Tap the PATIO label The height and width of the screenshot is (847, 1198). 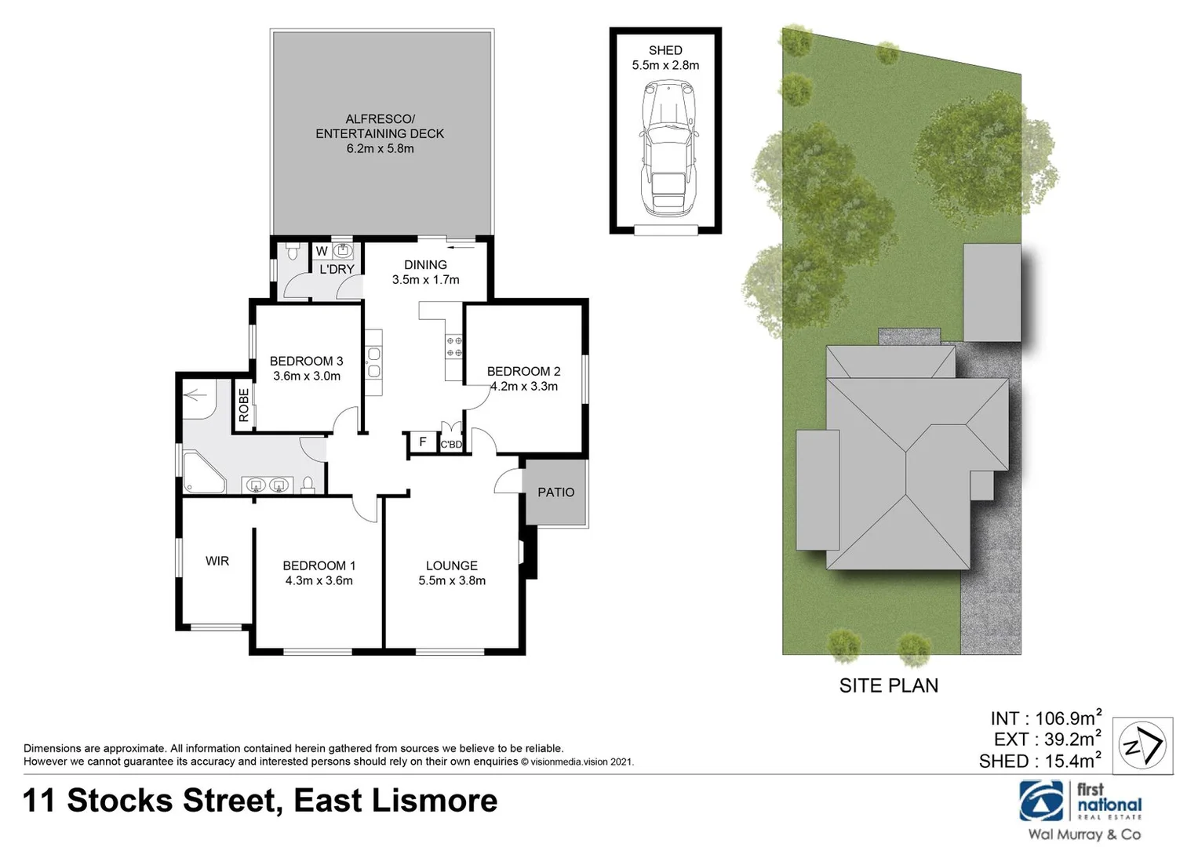tap(555, 493)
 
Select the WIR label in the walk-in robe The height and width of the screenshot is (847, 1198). tap(217, 561)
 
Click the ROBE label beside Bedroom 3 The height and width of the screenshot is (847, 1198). tap(243, 405)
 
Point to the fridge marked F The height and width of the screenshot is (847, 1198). tap(422, 442)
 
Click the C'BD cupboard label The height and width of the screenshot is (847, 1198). tap(451, 445)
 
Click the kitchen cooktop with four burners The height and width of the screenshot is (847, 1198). tap(453, 347)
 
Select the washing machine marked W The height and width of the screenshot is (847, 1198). tap(322, 252)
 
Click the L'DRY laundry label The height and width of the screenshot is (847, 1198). tap(337, 269)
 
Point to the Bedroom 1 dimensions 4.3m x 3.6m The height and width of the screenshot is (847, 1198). tap(319, 581)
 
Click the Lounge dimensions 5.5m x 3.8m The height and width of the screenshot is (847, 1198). tap(452, 581)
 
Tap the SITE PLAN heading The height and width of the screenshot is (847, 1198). tap(888, 685)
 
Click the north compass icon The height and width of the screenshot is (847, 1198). tap(1143, 746)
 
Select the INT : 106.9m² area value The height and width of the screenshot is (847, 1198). tap(1046, 718)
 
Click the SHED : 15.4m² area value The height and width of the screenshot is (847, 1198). tap(1040, 761)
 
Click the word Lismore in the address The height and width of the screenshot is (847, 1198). tap(435, 801)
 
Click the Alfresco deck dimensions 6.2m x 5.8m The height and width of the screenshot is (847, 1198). tap(380, 149)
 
